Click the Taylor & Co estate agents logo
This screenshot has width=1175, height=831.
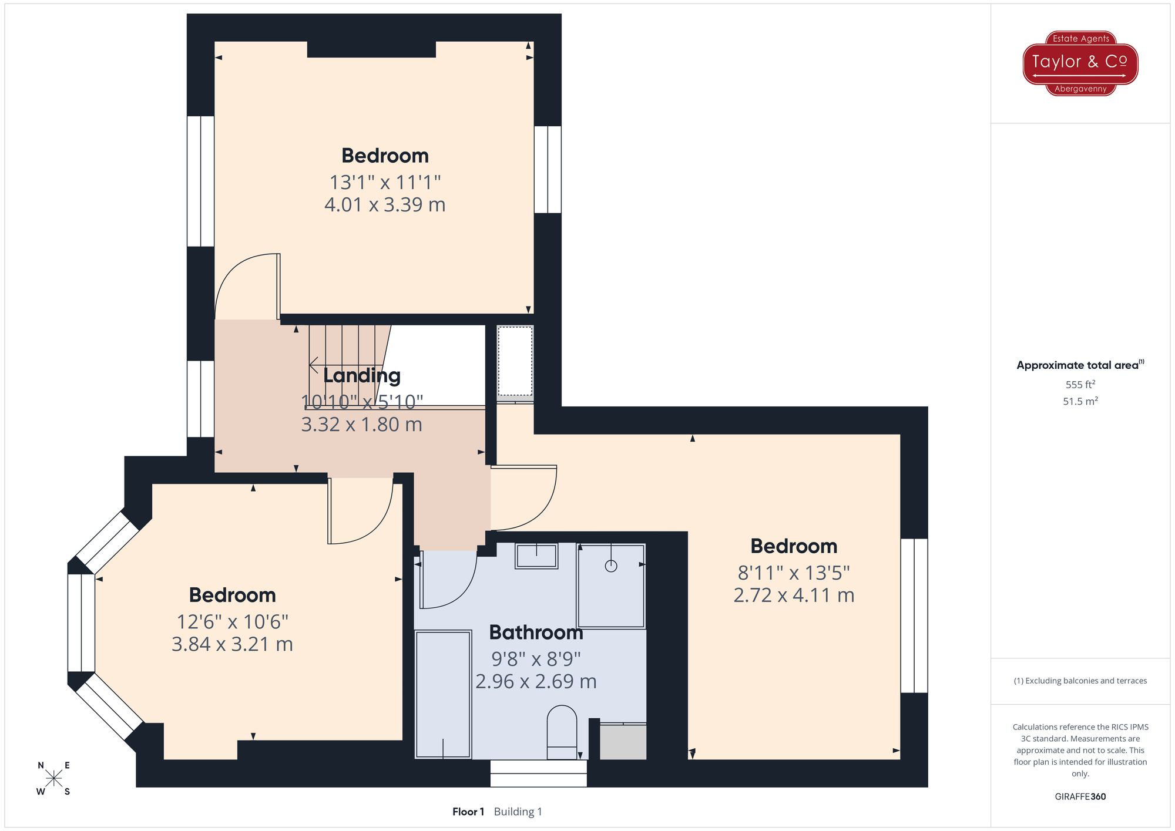click(x=1080, y=63)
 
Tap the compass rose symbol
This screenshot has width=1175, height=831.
click(x=53, y=779)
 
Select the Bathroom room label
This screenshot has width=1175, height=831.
click(x=536, y=632)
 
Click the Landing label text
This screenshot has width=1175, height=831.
click(x=362, y=375)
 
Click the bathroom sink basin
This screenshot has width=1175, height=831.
click(x=536, y=556)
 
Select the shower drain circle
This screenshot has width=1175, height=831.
click(x=611, y=566)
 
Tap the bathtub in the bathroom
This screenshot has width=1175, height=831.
click(x=444, y=694)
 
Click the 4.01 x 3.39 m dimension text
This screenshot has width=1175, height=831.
click(x=385, y=205)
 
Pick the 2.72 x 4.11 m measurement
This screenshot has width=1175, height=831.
click(x=794, y=596)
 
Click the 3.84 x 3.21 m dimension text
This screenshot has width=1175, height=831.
click(x=232, y=644)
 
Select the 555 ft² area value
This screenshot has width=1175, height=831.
click(x=1080, y=385)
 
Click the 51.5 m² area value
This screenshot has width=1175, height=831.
click(x=1080, y=401)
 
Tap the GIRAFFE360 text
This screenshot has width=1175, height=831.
click(x=1080, y=796)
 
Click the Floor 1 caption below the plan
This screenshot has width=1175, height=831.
click(x=468, y=812)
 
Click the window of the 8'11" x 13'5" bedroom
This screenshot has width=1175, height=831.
click(x=914, y=615)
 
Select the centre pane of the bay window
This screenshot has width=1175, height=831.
click(x=81, y=623)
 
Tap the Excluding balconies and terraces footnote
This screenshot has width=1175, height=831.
click(x=1080, y=681)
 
